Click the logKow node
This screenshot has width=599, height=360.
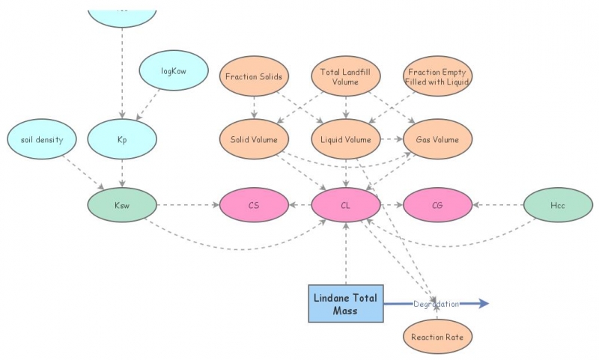[x=173, y=71]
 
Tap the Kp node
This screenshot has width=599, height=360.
[x=122, y=140]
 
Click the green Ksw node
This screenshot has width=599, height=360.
[x=122, y=204]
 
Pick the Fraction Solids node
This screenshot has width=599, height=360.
[x=254, y=76]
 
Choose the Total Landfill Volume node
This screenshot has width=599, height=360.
[x=345, y=76]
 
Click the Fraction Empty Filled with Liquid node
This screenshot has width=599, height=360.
[x=437, y=76]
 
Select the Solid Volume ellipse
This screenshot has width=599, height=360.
[x=254, y=140]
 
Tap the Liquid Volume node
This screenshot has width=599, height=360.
[x=345, y=140]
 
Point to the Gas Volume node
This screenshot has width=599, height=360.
[x=437, y=140]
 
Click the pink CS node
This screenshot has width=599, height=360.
[x=254, y=205]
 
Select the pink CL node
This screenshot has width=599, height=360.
[x=345, y=205]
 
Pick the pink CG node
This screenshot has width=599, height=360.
[x=437, y=205]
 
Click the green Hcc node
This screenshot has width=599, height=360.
[x=557, y=205]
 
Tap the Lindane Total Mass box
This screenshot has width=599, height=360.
[x=345, y=304]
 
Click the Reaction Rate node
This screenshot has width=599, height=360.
[x=437, y=337]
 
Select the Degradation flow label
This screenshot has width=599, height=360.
[x=436, y=304]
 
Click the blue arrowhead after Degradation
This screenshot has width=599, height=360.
[x=483, y=304]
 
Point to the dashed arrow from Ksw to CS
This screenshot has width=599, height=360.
[x=187, y=205]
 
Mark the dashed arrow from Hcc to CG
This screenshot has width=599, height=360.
[x=498, y=205]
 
